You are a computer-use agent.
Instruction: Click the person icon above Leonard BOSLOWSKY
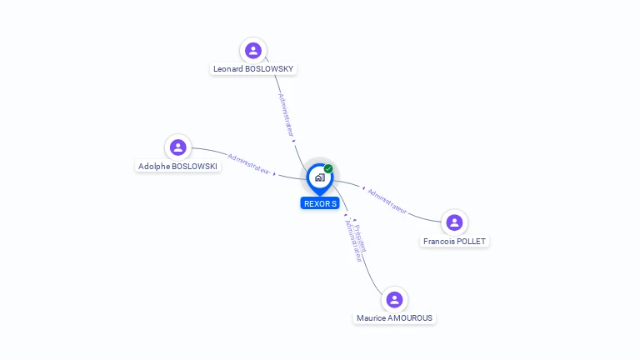pyautogui.click(x=253, y=51)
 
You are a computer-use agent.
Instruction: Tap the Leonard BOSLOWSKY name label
pyautogui.click(x=253, y=69)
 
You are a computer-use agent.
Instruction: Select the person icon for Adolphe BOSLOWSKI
pyautogui.click(x=178, y=147)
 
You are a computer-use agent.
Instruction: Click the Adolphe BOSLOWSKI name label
pyautogui.click(x=177, y=166)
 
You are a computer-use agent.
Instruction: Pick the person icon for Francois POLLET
pyautogui.click(x=454, y=222)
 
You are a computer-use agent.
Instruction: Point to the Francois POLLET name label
pyautogui.click(x=454, y=241)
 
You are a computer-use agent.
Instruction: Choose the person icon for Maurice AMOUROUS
pyautogui.click(x=394, y=300)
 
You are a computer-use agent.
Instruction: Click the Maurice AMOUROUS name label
pyautogui.click(x=394, y=318)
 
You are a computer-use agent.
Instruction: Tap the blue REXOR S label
pyautogui.click(x=320, y=203)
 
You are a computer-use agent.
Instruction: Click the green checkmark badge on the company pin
pyautogui.click(x=328, y=168)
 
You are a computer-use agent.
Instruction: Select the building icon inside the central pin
pyautogui.click(x=320, y=177)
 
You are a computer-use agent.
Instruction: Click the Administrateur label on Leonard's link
pyautogui.click(x=286, y=115)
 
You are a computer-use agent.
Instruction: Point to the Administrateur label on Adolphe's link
pyautogui.click(x=248, y=164)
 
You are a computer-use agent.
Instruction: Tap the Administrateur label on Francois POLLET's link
pyautogui.click(x=387, y=201)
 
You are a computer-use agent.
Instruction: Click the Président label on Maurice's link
pyautogui.click(x=360, y=238)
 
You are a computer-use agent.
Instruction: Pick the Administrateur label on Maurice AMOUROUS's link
pyautogui.click(x=353, y=241)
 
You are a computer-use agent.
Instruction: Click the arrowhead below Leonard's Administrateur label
pyautogui.click(x=293, y=141)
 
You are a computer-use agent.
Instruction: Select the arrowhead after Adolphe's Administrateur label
pyautogui.click(x=275, y=174)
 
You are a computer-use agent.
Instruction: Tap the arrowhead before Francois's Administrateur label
pyautogui.click(x=363, y=188)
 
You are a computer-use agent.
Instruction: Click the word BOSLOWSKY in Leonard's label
pyautogui.click(x=269, y=69)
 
